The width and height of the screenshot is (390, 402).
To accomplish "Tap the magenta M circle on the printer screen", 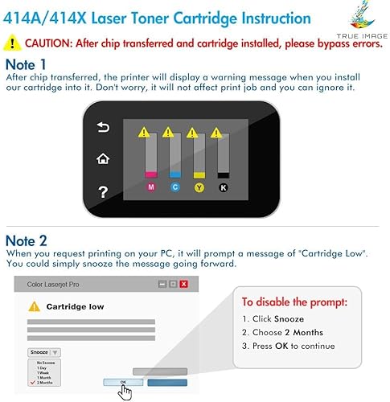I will click(150, 187).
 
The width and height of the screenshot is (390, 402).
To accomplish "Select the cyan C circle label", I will click(175, 187).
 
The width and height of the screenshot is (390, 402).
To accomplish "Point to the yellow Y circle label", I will click(199, 187).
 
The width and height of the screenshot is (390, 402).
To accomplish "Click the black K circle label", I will click(224, 187).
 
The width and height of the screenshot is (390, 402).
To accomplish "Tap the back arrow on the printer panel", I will click(103, 127).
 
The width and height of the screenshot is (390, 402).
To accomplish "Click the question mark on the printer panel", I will click(103, 191).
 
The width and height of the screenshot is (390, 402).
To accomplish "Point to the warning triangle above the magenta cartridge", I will click(144, 131).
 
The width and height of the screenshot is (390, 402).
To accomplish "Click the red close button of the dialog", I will click(184, 284).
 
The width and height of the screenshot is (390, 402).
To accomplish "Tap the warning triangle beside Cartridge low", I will click(34, 306).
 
